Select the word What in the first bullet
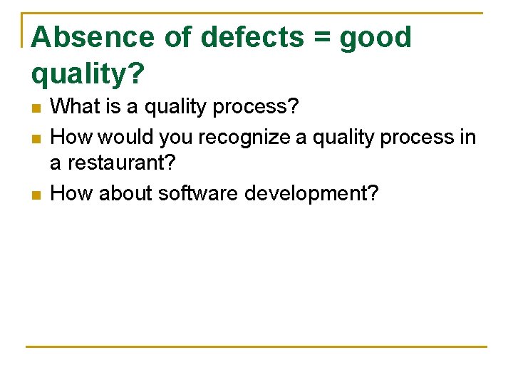[75, 107]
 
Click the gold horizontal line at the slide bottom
[256, 346]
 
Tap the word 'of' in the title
[178, 38]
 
